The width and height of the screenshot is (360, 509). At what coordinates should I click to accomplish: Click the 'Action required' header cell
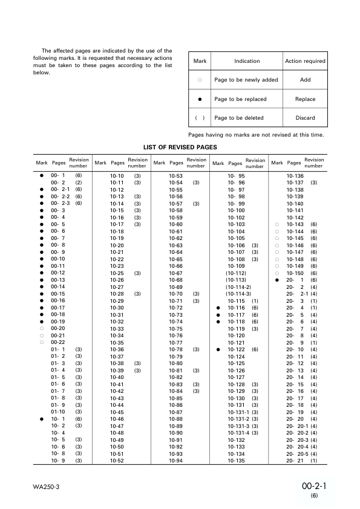coord(305,61)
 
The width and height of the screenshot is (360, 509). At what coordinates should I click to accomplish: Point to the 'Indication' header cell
coord(247,61)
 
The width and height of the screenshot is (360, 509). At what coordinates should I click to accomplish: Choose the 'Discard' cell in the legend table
coord(305,118)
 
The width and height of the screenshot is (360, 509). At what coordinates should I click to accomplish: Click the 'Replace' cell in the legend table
coord(305,99)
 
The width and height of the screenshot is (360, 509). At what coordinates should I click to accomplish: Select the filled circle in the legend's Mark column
coord(200,99)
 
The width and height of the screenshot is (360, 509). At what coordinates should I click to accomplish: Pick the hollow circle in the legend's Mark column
coord(200,80)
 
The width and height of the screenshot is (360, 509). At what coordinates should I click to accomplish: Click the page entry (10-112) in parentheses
coord(236,273)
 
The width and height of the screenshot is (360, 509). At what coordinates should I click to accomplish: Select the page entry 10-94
coord(176,461)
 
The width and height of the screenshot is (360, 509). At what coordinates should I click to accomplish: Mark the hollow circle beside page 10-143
coord(276,224)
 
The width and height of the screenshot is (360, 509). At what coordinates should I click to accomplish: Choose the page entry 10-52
coord(117,461)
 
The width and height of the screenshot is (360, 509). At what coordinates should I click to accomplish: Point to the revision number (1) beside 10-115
coord(255,301)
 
